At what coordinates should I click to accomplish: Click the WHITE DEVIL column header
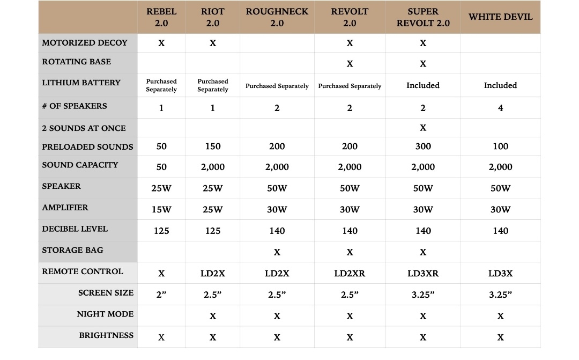click(500, 17)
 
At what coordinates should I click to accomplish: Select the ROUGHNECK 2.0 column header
click(277, 17)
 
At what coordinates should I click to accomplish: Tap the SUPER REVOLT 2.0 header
click(423, 17)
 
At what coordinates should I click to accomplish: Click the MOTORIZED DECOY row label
click(85, 43)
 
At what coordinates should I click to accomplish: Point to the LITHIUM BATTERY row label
click(81, 83)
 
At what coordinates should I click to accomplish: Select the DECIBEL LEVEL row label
click(75, 229)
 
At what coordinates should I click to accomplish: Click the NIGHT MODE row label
click(105, 314)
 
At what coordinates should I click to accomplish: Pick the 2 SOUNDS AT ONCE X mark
click(423, 128)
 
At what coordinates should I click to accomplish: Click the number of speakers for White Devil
click(500, 108)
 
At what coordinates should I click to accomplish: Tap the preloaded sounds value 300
click(423, 146)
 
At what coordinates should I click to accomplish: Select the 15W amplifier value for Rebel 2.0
click(161, 209)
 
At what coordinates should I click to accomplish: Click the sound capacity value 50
click(161, 167)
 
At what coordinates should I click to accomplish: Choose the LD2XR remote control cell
click(350, 273)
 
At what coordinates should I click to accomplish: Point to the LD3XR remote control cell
click(423, 273)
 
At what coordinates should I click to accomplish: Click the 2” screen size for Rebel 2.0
click(161, 295)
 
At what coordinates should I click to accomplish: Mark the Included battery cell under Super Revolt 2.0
click(423, 85)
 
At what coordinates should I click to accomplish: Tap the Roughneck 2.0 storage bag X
click(277, 252)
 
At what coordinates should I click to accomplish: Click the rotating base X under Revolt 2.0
click(350, 64)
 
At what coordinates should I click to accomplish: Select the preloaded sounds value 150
click(213, 146)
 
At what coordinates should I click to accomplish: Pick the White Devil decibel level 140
click(500, 231)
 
